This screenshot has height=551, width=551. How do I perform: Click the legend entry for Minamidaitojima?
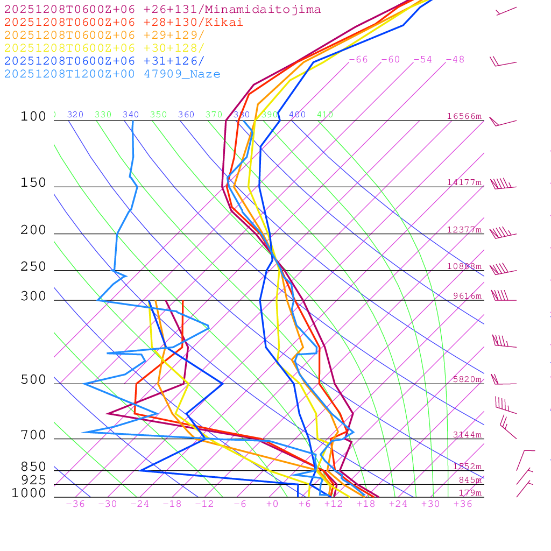[163, 10]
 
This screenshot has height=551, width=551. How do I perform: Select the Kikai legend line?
[124, 23]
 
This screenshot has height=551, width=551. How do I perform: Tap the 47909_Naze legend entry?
[112, 74]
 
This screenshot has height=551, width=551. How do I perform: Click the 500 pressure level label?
[33, 380]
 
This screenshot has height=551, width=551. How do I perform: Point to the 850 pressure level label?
[33, 467]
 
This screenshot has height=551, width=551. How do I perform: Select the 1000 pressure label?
[29, 493]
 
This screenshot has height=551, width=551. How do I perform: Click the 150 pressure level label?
[33, 183]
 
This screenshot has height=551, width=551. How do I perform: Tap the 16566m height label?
[464, 116]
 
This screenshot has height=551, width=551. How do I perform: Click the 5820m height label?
[467, 379]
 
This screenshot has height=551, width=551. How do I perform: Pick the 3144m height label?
[467, 435]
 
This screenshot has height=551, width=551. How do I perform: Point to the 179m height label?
[470, 493]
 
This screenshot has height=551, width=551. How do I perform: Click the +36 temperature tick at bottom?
[463, 504]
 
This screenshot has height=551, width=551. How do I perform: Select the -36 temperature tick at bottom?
[75, 504]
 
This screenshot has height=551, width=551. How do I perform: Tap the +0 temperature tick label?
[272, 504]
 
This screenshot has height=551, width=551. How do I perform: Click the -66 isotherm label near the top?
[358, 60]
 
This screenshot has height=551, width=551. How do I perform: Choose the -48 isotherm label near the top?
[455, 60]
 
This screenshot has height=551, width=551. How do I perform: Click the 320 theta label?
[75, 115]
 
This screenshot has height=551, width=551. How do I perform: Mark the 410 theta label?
[324, 115]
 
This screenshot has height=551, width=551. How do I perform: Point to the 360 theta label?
[186, 115]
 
